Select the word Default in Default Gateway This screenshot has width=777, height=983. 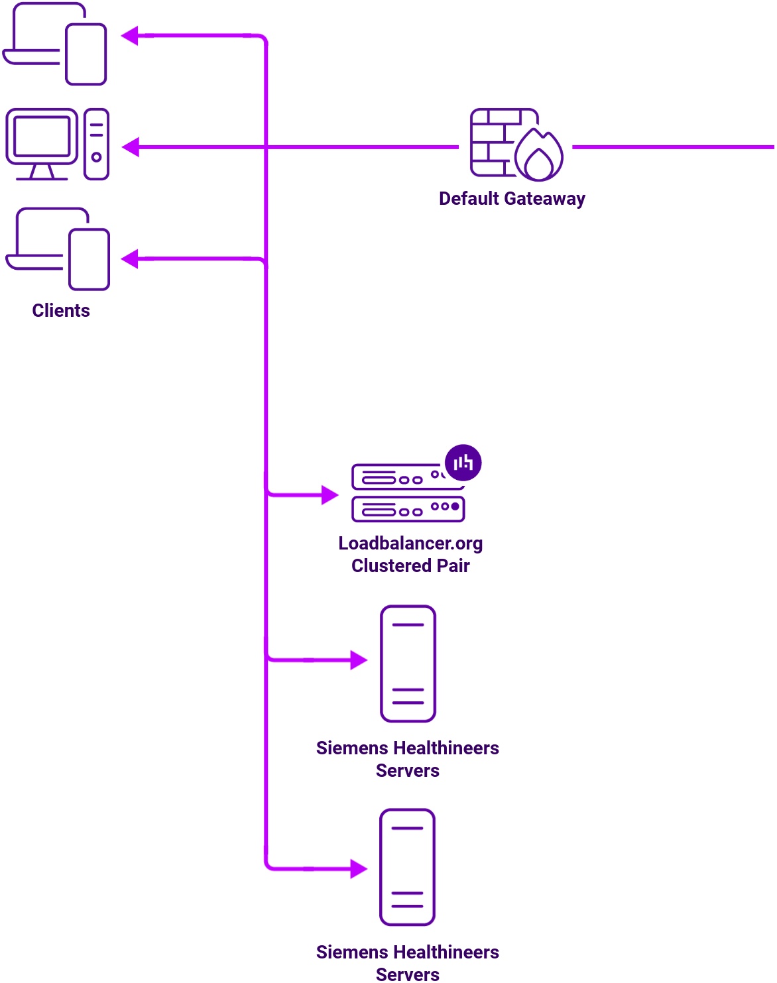click(x=469, y=199)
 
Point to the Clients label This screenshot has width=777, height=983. click(x=61, y=311)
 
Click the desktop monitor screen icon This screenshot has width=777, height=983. click(x=42, y=137)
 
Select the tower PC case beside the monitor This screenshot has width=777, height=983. click(x=97, y=145)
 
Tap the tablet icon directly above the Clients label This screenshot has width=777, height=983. click(x=90, y=259)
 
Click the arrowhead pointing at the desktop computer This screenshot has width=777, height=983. click(x=131, y=147)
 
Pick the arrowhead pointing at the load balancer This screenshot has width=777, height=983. click(x=329, y=494)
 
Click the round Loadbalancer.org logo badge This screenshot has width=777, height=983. click(x=463, y=463)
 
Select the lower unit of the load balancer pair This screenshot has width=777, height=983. click(x=408, y=509)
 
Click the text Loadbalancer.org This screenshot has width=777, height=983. click(x=410, y=544)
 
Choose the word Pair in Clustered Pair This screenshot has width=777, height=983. click(x=453, y=566)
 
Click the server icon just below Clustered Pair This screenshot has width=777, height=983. click(x=408, y=664)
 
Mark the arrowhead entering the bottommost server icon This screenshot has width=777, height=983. click(x=359, y=868)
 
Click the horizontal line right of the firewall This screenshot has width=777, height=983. click(x=673, y=147)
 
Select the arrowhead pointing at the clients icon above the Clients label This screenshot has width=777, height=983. click(x=130, y=259)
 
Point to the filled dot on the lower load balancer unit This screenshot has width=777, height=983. click(x=455, y=506)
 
